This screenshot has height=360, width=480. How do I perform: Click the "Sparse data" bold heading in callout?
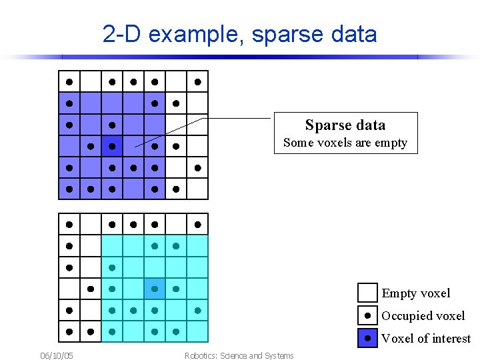[x=345, y=125]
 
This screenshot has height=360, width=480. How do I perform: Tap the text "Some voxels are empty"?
[x=345, y=143]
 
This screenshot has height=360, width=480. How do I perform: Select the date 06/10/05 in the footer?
[x=57, y=355]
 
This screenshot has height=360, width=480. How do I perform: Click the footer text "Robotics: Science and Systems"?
[x=239, y=355]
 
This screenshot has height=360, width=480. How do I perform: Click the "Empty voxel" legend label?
[x=415, y=293]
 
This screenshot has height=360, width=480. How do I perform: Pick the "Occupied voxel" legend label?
[x=423, y=316]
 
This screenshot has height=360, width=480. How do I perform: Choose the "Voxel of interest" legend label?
[x=425, y=339]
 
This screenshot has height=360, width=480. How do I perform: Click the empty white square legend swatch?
[x=367, y=293]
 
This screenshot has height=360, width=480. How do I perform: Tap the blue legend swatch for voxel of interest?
[x=367, y=339]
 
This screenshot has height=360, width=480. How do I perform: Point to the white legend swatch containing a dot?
[x=367, y=316]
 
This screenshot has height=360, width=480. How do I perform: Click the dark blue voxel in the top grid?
[x=112, y=146]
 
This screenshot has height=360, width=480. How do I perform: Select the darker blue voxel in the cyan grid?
[x=155, y=289]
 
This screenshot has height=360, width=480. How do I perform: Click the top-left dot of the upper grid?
[x=69, y=82]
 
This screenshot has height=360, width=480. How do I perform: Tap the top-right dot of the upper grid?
[x=197, y=82]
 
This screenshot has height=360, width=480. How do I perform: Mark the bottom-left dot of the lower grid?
[x=69, y=331]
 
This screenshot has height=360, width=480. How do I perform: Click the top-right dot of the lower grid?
[x=197, y=225]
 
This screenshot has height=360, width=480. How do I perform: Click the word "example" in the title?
[x=195, y=35]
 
